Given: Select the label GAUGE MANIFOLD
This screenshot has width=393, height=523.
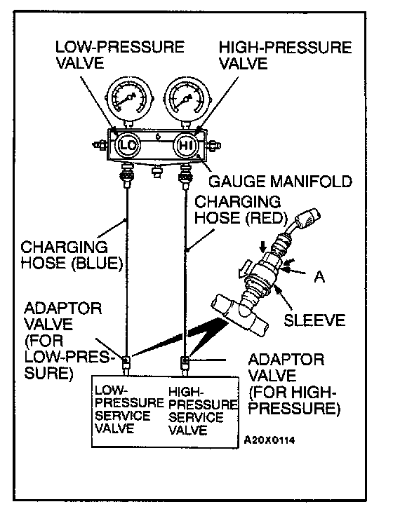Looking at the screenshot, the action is pyautogui.click(x=280, y=182).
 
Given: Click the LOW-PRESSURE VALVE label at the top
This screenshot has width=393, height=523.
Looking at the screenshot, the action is pyautogui.click(x=120, y=55).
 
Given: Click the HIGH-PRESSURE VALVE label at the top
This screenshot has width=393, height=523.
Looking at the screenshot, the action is pyautogui.click(x=285, y=55).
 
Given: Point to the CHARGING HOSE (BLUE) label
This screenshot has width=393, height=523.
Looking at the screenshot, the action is pyautogui.click(x=72, y=255).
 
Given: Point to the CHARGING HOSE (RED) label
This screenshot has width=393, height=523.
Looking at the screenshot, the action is pyautogui.click(x=241, y=210).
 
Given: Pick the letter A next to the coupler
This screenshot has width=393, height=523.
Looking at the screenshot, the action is pyautogui.click(x=319, y=276).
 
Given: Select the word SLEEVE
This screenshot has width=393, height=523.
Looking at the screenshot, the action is pyautogui.click(x=314, y=320).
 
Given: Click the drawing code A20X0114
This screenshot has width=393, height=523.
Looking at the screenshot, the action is pyautogui.click(x=269, y=440).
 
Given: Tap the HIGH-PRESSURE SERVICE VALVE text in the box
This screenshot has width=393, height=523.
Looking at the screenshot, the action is pyautogui.click(x=203, y=410).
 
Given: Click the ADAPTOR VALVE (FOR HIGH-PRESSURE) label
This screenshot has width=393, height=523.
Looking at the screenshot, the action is pyautogui.click(x=294, y=384).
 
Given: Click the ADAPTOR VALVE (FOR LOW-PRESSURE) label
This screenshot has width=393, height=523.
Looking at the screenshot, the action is pyautogui.click(x=67, y=341).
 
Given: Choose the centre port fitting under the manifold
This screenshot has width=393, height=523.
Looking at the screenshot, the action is pyautogui.click(x=156, y=172).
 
